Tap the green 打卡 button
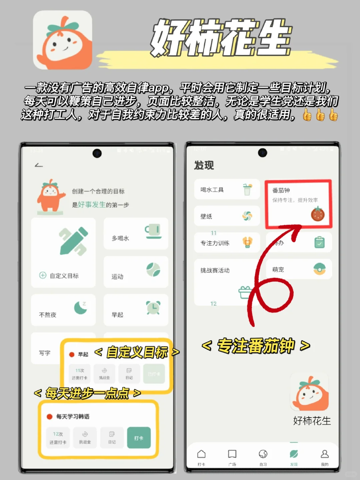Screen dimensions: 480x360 139,438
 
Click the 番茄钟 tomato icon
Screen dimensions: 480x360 318,214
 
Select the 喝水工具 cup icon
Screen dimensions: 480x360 247,189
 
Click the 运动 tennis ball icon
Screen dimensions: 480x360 153,270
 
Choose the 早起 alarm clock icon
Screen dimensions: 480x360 153,307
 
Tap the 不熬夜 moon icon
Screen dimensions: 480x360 81,307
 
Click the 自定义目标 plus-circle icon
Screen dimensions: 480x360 43,275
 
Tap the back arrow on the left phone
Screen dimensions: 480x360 39,165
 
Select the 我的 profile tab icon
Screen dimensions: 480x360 324,454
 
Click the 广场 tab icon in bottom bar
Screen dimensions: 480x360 232,454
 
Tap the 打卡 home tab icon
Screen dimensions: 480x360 201,454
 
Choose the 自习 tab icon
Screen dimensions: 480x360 263,454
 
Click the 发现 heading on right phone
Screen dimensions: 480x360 204,165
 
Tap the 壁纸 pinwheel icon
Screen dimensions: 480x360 247,216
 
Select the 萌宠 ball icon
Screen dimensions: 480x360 319,269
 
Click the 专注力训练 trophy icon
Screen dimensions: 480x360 247,242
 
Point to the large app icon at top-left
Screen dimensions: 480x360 63,40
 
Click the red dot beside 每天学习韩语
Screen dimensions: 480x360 50,417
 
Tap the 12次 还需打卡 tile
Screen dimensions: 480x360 58,438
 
